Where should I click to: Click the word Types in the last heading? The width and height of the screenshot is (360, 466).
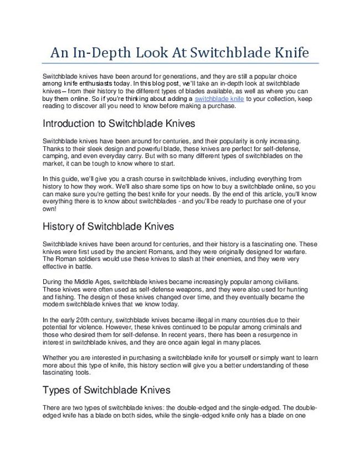pyautogui.click(x=56, y=390)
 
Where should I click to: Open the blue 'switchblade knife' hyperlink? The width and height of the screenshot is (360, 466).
pyautogui.click(x=220, y=98)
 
